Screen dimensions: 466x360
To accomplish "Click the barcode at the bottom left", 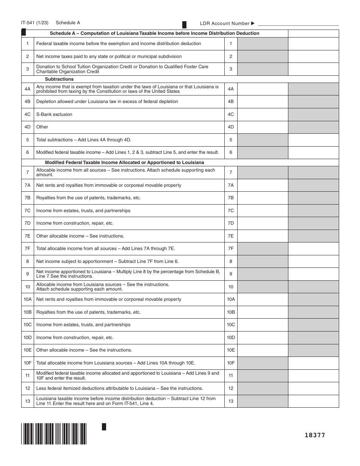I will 54,433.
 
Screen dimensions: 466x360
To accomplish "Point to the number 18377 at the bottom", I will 315,435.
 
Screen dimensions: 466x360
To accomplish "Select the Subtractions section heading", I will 59,79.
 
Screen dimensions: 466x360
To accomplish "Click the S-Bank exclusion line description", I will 54,114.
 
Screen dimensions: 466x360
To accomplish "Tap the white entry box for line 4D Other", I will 263,127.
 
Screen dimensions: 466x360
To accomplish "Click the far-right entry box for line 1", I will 313,44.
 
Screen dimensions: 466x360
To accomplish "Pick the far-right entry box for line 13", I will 313,401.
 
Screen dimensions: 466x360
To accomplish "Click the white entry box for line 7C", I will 263,211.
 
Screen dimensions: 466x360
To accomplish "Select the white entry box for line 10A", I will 263,299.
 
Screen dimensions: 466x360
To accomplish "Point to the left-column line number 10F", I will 28,363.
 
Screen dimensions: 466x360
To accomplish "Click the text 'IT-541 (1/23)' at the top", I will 35,23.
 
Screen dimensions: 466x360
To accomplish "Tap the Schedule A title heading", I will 155,33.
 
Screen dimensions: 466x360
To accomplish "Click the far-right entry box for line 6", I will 313,152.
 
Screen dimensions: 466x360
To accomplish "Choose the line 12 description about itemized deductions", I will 119,388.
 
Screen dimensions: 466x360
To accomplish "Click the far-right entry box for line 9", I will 313,274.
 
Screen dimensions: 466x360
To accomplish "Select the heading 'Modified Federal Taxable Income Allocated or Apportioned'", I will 124,163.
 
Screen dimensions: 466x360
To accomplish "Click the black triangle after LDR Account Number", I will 253,23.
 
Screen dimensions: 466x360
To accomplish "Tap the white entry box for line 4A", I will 263,89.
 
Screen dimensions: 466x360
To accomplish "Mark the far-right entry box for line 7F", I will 313,249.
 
